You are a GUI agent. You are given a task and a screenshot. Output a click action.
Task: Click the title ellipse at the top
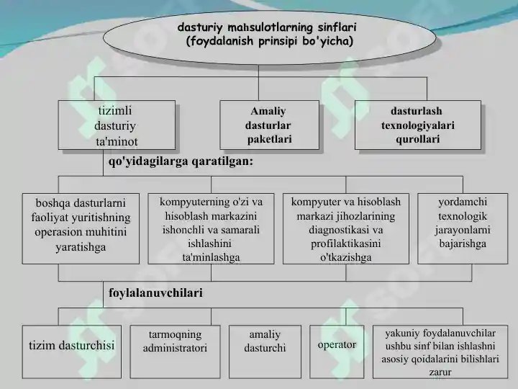point(269,37)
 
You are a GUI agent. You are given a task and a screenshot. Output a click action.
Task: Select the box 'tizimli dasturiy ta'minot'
point(117,125)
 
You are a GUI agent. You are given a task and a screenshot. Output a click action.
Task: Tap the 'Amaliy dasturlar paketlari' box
point(269,125)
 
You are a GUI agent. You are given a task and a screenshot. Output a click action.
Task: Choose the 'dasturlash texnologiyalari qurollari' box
point(417,125)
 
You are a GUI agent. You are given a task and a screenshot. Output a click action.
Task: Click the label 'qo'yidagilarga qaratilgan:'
point(181,161)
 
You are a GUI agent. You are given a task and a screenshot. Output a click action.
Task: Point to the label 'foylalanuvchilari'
point(155,292)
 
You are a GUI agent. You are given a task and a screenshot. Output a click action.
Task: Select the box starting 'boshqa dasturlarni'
point(81,228)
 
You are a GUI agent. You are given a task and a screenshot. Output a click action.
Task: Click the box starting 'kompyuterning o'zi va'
point(211,228)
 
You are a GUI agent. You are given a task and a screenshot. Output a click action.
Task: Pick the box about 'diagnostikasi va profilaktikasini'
point(346,228)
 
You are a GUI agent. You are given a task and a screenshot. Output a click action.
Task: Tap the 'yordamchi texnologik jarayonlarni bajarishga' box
point(463,228)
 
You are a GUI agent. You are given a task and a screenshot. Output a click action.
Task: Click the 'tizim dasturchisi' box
point(72,352)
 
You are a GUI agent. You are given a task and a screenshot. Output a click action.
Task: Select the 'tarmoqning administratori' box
point(175,352)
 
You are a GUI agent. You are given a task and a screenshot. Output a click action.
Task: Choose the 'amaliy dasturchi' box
point(265,352)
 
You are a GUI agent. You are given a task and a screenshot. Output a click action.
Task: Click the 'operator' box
point(337,352)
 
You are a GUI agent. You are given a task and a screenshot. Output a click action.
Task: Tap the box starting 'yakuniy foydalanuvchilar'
point(440,352)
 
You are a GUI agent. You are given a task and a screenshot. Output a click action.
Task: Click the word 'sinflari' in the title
point(337,27)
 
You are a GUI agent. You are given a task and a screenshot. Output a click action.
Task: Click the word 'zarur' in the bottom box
point(440,372)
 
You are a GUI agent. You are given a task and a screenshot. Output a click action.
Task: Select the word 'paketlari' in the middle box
point(270,139)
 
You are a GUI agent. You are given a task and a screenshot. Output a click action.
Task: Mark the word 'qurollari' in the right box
point(417,139)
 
